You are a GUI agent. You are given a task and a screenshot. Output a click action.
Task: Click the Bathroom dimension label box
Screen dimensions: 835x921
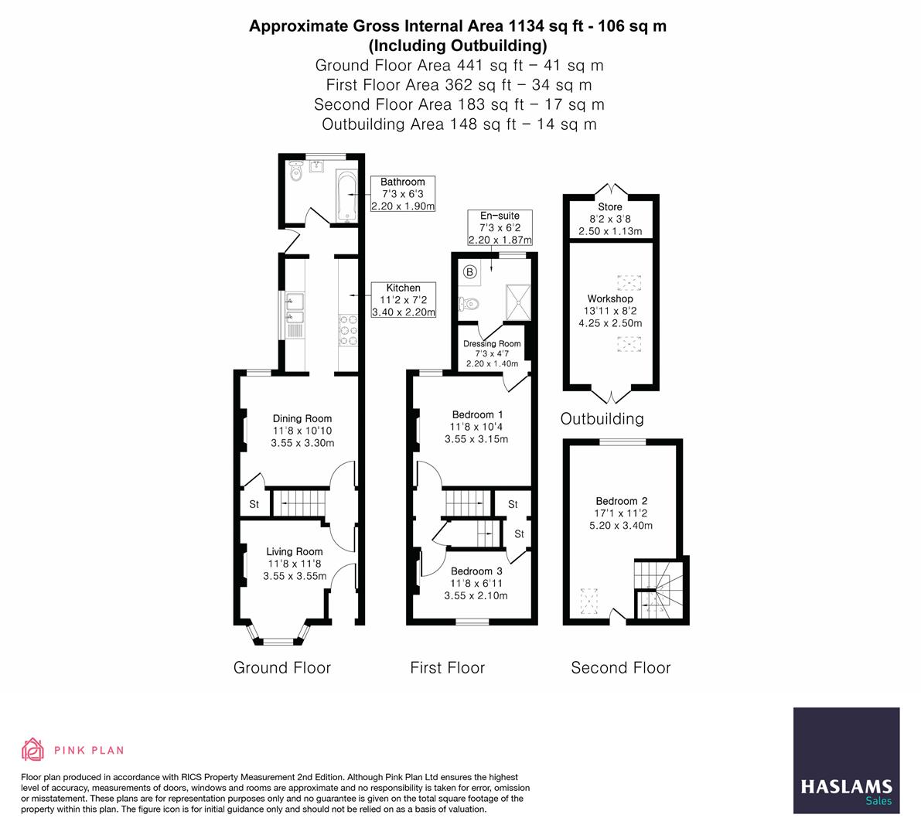coord(403,194)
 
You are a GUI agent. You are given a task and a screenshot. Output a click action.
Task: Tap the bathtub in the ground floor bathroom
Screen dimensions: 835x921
coord(345,196)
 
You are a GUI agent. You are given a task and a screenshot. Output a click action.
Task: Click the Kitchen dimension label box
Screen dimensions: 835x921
coord(403,300)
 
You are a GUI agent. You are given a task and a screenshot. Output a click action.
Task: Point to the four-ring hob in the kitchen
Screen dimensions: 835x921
coord(348,330)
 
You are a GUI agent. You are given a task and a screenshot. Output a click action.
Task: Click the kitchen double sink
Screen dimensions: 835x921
coord(295,308)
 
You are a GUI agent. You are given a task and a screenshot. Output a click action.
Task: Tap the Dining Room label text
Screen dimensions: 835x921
coord(302,418)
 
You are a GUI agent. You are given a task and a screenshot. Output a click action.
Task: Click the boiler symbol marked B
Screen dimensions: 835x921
coord(469,271)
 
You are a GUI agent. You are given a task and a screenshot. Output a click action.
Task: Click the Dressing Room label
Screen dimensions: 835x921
coord(492,344)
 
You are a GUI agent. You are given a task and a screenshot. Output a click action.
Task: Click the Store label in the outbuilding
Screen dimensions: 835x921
coord(609,206)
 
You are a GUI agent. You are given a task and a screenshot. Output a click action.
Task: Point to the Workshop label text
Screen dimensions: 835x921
coord(609,298)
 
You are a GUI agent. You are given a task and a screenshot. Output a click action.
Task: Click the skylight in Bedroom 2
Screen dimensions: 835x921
coord(590,598)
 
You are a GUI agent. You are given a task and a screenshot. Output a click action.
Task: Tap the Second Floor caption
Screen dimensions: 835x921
coord(620,668)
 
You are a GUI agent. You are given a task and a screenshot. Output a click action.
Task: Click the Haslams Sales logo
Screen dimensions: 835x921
coord(846,760)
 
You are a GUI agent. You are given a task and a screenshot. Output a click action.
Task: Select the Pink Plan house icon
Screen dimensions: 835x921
coord(32,749)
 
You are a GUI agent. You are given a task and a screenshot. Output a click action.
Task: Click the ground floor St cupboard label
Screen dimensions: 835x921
coord(254,505)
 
